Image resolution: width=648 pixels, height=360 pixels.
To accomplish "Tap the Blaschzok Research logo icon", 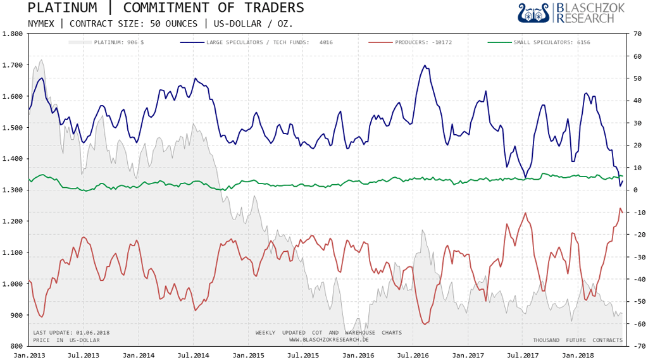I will click(x=533, y=13).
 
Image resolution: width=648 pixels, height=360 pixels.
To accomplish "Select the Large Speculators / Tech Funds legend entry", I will click(x=257, y=42).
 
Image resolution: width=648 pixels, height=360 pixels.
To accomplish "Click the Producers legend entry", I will click(x=418, y=42).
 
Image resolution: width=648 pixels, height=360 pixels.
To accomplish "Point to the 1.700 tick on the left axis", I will click(x=13, y=65).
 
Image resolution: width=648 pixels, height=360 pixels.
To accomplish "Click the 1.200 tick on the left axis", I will click(x=13, y=221).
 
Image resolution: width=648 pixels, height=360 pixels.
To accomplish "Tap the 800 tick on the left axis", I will click(x=16, y=346).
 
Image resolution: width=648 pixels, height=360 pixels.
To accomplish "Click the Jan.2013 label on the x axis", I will click(x=28, y=356).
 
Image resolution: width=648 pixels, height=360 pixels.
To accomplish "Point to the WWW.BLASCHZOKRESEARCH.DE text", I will click(x=328, y=340).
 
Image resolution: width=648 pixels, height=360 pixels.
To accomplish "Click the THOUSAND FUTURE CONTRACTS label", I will click(x=578, y=340).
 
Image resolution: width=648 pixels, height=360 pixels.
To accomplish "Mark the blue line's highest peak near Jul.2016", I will click(x=425, y=65).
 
